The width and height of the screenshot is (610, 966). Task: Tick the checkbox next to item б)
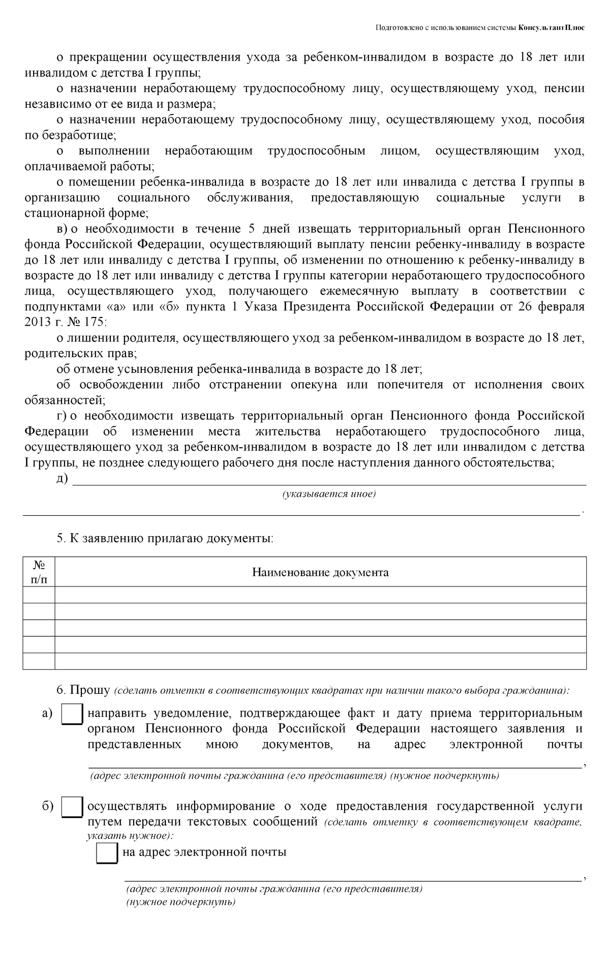(72, 807)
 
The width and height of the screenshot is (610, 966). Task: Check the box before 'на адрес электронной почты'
(107, 853)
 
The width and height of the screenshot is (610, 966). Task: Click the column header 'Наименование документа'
(320, 572)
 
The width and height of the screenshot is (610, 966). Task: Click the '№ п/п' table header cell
(39, 572)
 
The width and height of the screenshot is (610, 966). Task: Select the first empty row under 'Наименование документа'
(320, 595)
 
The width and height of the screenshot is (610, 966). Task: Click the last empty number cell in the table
(39, 661)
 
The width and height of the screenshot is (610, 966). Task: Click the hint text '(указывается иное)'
(329, 494)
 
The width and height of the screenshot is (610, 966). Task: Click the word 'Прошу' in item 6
(90, 690)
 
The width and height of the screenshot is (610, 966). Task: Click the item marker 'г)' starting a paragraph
(62, 416)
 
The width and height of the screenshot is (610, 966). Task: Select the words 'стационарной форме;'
(86, 213)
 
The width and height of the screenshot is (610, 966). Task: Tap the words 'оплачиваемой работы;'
(89, 166)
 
